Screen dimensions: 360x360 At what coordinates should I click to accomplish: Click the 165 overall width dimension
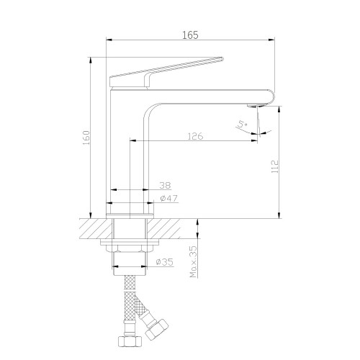click(x=190, y=35)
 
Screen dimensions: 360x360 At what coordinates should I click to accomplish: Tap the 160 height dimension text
click(x=86, y=138)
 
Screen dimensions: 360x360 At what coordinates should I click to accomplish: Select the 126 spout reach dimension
click(x=195, y=136)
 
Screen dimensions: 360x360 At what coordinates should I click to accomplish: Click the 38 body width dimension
click(x=165, y=185)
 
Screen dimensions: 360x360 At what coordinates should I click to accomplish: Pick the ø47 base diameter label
click(x=169, y=199)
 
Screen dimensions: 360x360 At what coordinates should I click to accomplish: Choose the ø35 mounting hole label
click(x=164, y=261)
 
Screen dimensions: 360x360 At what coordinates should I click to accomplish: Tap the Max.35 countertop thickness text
click(x=193, y=261)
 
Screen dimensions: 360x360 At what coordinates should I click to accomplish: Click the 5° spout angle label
click(x=242, y=125)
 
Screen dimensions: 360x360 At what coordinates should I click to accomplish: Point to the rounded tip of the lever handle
click(x=222, y=58)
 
